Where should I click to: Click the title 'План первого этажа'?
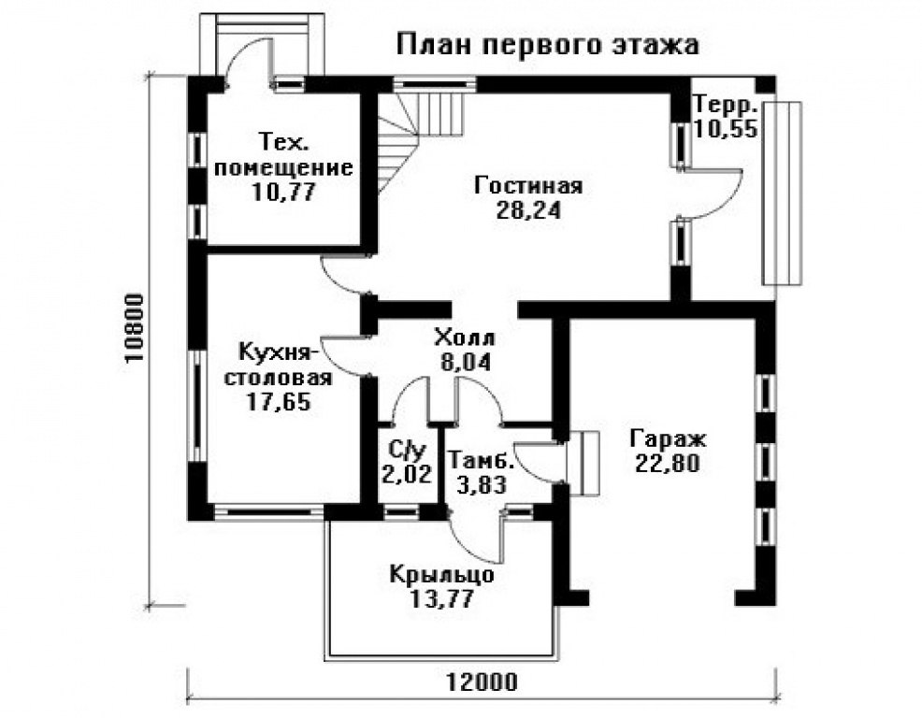click(548, 44)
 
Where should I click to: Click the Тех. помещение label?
click(283, 155)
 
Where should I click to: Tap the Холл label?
click(465, 337)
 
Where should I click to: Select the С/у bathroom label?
click(407, 450)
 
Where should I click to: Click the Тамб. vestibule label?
click(480, 461)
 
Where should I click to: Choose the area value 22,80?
click(669, 462)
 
